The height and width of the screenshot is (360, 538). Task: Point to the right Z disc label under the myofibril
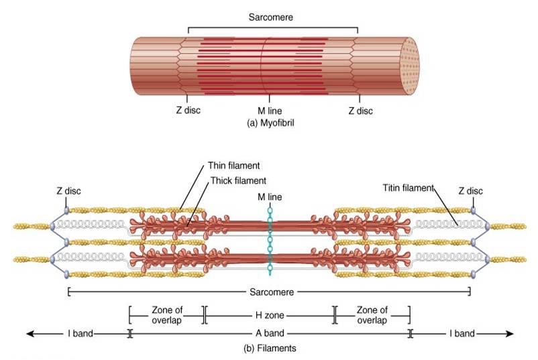360,111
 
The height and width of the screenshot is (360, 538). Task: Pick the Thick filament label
237,180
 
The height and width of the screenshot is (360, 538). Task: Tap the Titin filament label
408,188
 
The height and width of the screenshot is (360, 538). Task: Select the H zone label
269,313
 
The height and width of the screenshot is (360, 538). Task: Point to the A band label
269,333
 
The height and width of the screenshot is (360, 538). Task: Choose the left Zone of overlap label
167,314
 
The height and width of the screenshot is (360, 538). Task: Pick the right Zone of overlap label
372,314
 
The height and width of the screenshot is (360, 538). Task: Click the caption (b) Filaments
268,348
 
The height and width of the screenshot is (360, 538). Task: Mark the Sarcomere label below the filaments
269,292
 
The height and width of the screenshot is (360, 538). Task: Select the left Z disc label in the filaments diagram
68,192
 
